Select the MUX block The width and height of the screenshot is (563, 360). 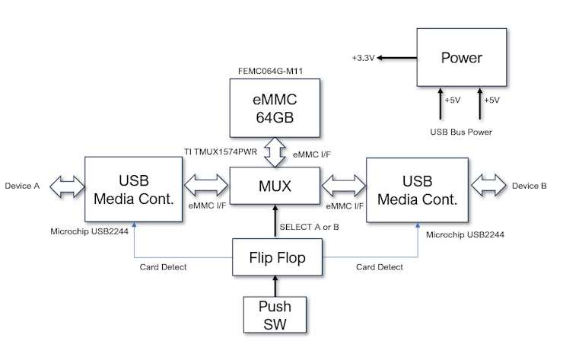click(275, 186)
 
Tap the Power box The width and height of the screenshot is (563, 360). click(462, 58)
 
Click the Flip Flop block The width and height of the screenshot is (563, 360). click(277, 258)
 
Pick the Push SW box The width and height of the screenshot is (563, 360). click(275, 315)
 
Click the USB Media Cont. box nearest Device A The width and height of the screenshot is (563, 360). click(132, 190)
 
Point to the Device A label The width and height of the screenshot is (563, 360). click(23, 186)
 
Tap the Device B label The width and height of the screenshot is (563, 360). click(530, 186)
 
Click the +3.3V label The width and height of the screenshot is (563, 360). click(364, 58)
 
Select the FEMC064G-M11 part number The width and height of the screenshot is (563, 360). click(275, 71)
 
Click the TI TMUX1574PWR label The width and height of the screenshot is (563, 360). click(220, 151)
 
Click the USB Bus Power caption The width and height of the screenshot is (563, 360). click(461, 132)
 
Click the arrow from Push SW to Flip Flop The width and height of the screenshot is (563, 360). click(275, 286)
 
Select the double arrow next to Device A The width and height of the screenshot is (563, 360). click(66, 186)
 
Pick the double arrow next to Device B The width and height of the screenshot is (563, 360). click(488, 186)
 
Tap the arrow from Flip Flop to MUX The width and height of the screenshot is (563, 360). click(275, 222)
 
